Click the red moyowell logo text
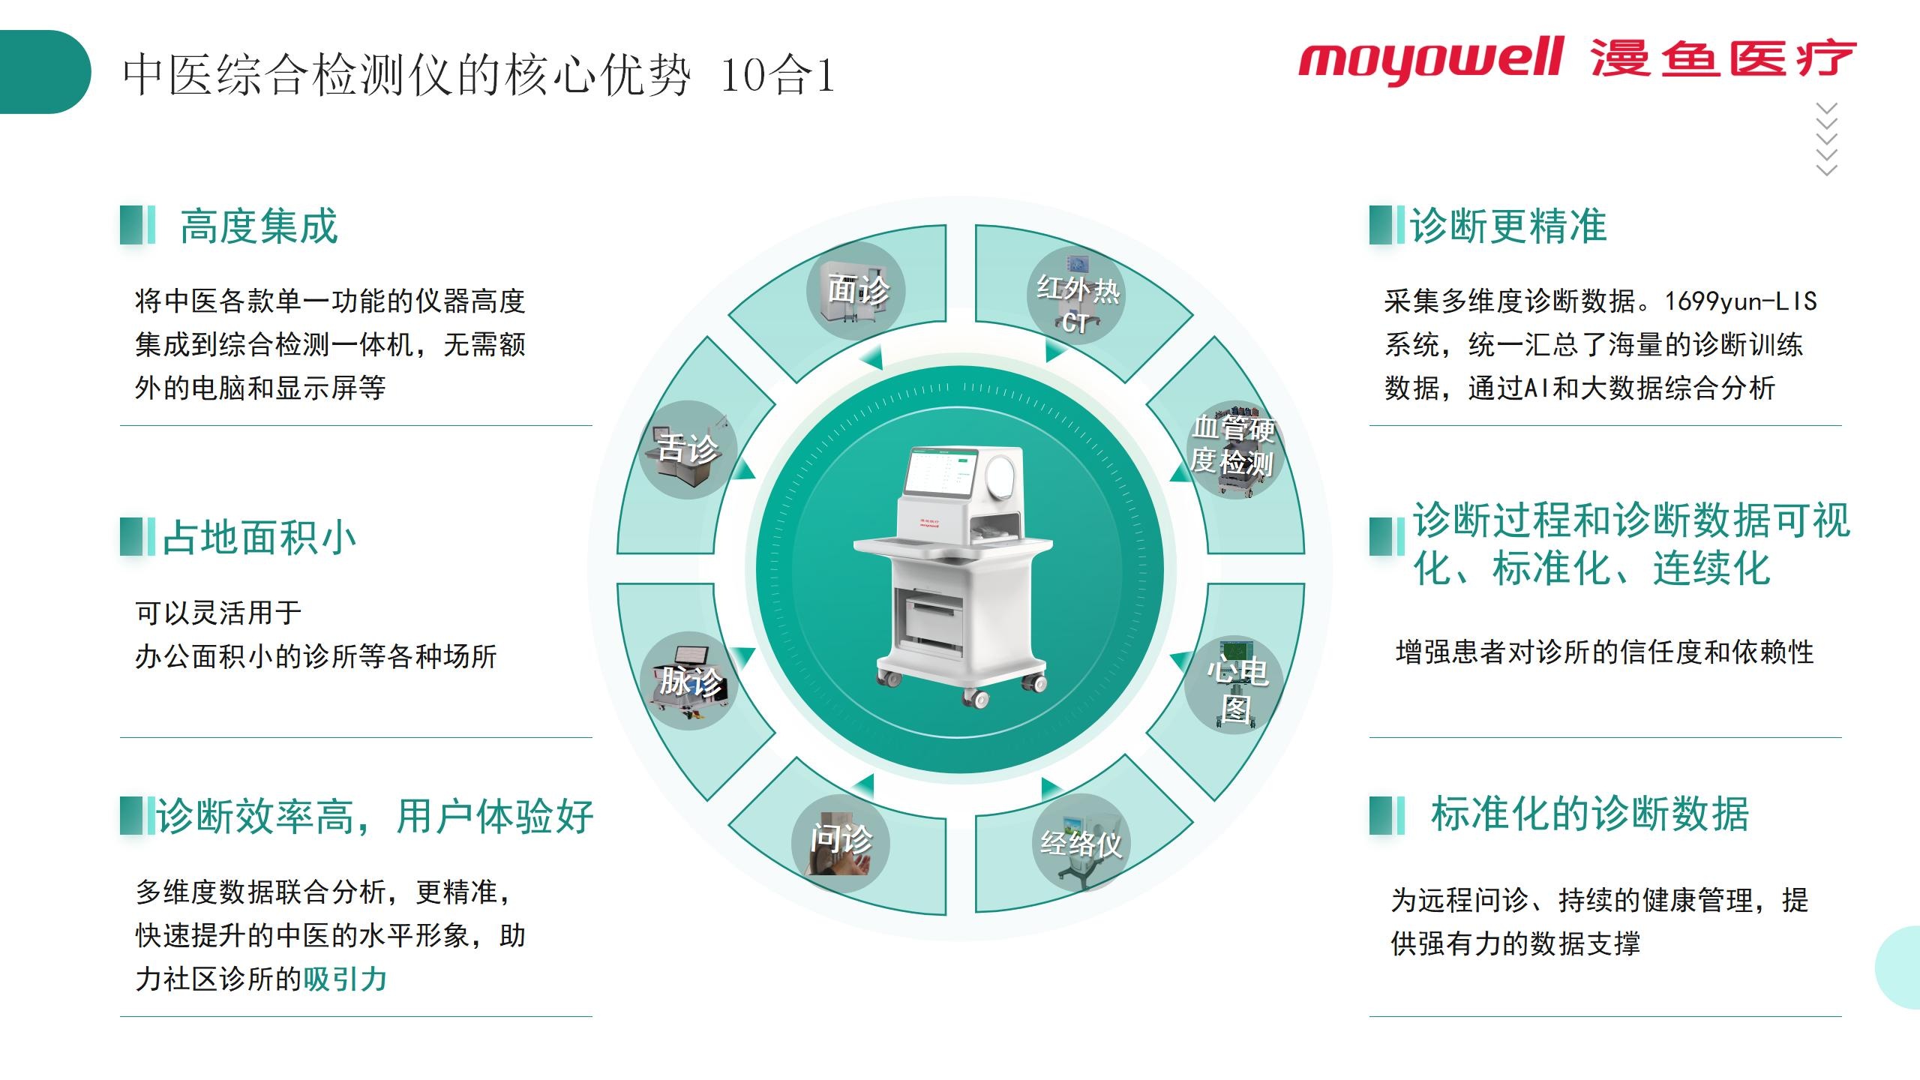coord(1431,59)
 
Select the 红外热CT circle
coord(1076,295)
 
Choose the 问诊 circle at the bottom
coord(841,844)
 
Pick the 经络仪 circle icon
coord(1081,843)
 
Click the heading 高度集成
coord(259,226)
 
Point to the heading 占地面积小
coord(259,538)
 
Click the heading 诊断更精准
coord(1508,226)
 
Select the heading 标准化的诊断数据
coord(1590,814)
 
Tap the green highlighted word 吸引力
coord(345,979)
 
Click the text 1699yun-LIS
coord(1741,301)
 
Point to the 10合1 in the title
coord(778,75)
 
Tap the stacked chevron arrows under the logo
coord(1827,139)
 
